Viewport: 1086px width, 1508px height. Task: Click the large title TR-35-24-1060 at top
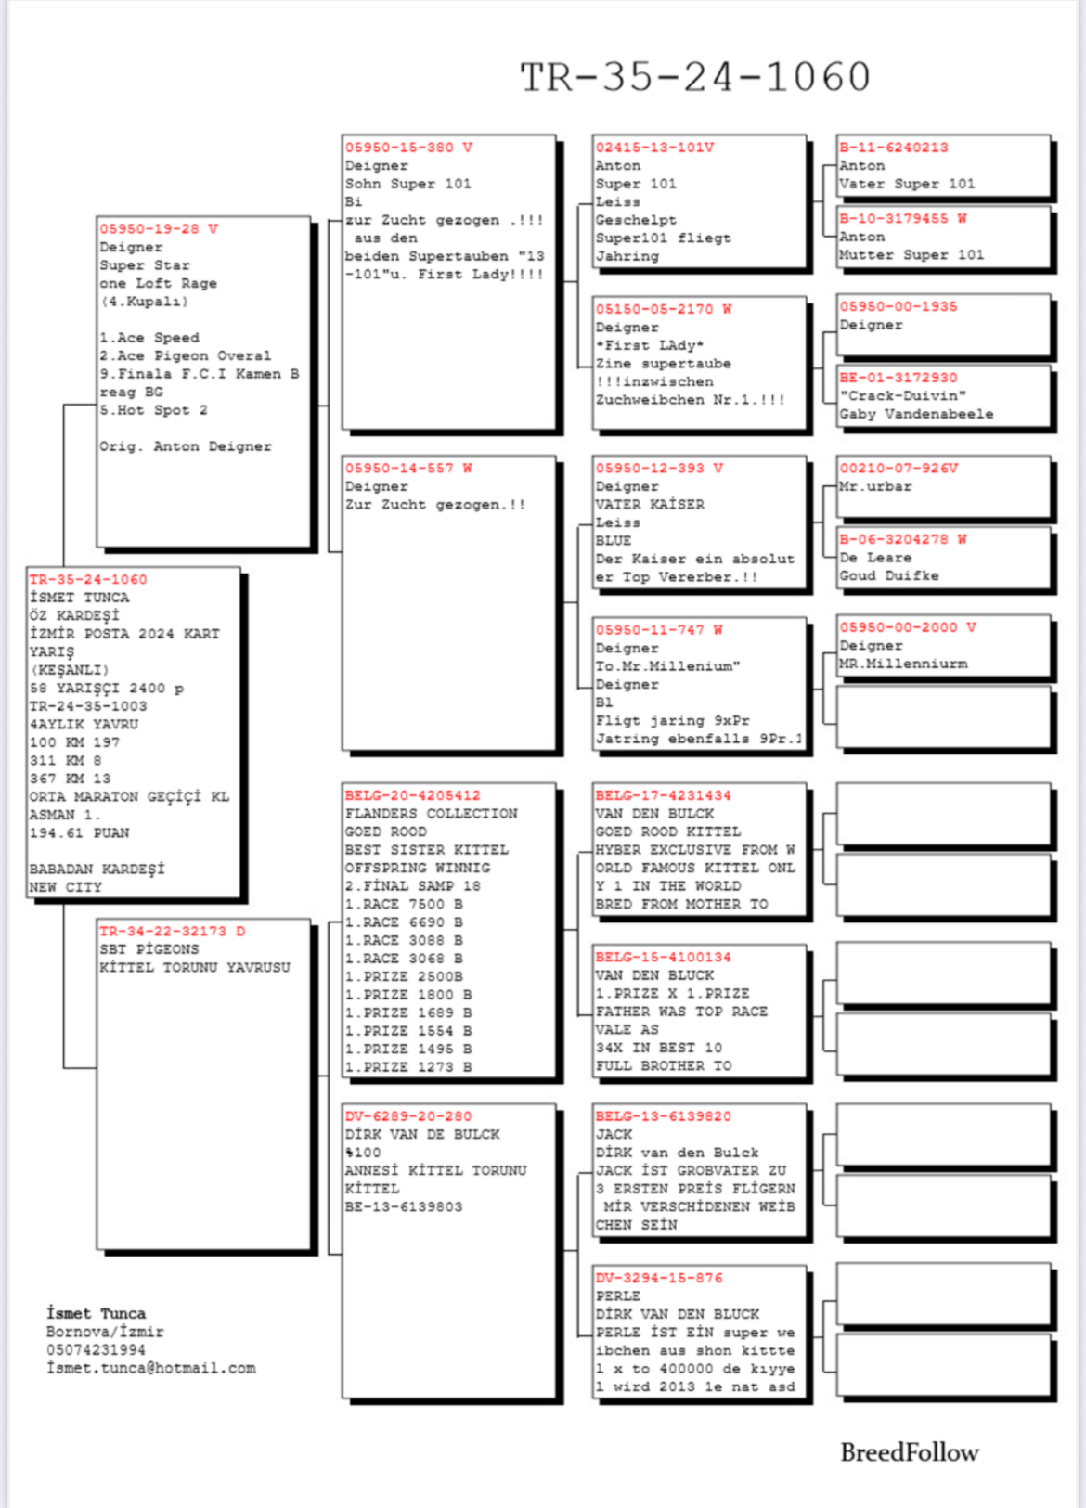tap(695, 77)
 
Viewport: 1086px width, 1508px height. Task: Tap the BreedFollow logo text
tap(909, 1452)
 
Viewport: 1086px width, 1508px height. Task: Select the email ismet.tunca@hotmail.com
tap(151, 1368)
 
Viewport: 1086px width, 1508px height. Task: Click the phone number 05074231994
tap(96, 1349)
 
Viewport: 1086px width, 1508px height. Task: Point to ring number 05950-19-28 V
tap(158, 229)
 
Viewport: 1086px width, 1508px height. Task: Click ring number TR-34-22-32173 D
tap(172, 931)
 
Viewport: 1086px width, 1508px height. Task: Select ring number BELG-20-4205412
tap(412, 795)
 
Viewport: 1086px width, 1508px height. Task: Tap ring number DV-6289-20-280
tap(407, 1116)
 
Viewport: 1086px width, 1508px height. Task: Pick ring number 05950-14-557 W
tap(407, 469)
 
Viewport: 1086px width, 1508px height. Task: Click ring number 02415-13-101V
tap(654, 148)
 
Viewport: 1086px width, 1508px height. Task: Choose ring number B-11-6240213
tap(893, 148)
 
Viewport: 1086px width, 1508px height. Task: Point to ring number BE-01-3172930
tap(898, 378)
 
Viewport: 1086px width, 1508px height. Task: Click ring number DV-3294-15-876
tap(658, 1278)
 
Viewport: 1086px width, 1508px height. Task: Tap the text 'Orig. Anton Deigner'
tap(186, 446)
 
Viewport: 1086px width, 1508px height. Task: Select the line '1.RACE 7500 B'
tap(404, 904)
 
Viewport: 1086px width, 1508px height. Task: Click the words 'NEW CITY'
tap(65, 887)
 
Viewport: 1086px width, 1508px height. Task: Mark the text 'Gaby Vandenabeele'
tap(916, 414)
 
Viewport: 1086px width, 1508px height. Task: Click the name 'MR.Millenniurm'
tap(902, 664)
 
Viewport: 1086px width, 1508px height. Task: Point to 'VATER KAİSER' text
tap(650, 504)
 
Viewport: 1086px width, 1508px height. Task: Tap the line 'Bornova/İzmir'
tap(105, 1332)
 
